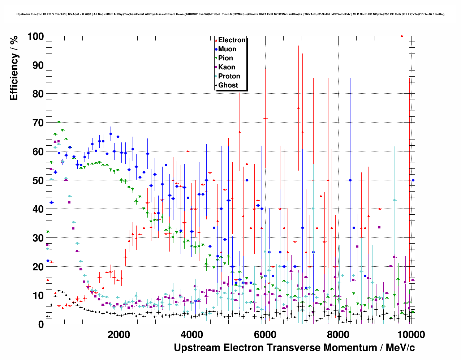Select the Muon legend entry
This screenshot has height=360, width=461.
click(x=227, y=49)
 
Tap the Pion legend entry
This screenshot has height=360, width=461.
click(x=225, y=58)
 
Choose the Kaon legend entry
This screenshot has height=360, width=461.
click(x=227, y=67)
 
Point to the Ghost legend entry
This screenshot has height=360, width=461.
click(x=228, y=85)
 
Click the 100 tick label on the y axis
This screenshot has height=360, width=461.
click(x=35, y=37)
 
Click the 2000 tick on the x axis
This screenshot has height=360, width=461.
click(x=119, y=334)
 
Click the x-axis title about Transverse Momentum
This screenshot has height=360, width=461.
click(x=294, y=348)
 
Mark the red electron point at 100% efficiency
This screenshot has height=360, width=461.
click(x=402, y=36)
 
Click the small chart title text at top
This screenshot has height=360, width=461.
click(x=230, y=14)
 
